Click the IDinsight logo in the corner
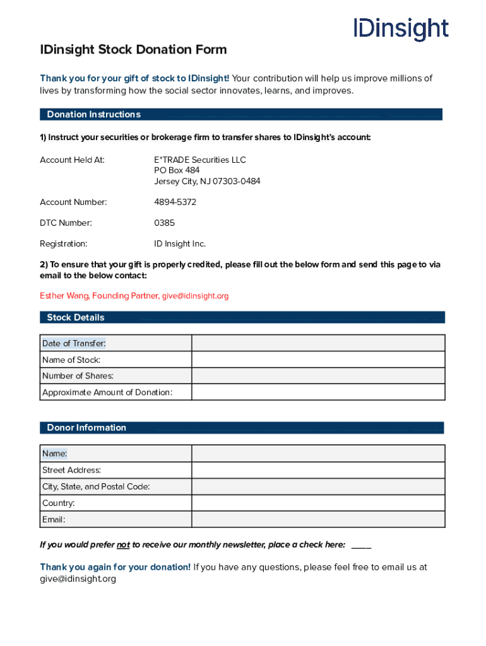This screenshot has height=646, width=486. [x=401, y=29]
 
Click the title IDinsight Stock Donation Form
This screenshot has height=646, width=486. [x=133, y=50]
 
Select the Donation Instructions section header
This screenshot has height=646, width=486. [x=93, y=115]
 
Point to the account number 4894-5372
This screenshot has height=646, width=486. [x=175, y=203]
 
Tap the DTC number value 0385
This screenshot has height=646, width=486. [x=165, y=223]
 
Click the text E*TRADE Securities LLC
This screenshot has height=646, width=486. [x=200, y=160]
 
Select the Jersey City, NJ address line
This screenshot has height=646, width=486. [x=207, y=182]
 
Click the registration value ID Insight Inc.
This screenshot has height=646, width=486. [x=180, y=244]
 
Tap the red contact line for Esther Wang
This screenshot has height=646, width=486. [x=134, y=296]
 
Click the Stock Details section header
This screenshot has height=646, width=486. [x=76, y=317]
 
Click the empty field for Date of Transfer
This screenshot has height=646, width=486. [x=318, y=343]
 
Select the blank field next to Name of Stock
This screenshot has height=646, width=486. [x=318, y=360]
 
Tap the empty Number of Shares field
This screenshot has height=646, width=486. [x=318, y=376]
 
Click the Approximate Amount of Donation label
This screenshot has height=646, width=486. [x=107, y=392]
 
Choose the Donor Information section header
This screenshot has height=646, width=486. [x=86, y=428]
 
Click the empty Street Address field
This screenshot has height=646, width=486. [x=318, y=470]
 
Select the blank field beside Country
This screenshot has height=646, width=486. [x=318, y=503]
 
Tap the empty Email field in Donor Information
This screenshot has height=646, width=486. [x=318, y=519]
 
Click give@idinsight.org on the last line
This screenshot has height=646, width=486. [x=78, y=579]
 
